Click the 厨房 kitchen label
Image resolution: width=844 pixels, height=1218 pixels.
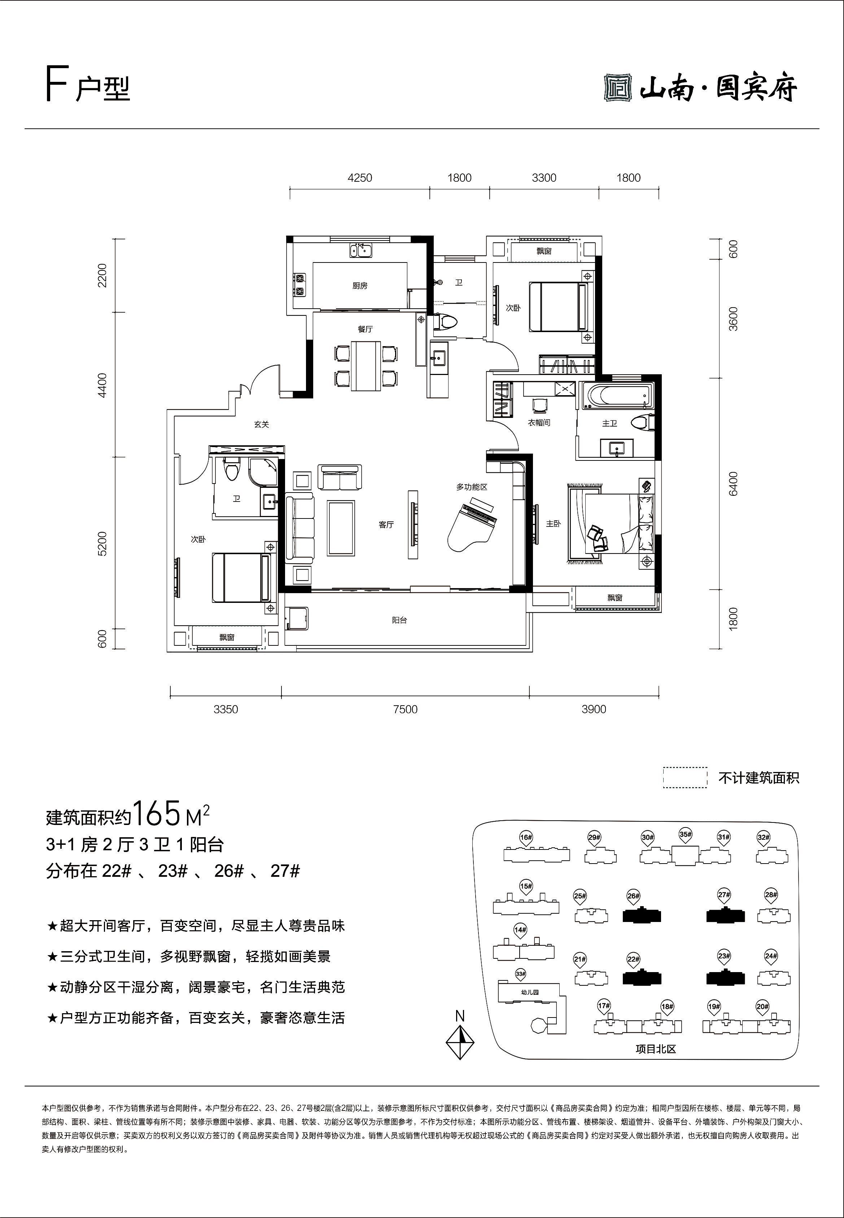[x=360, y=286]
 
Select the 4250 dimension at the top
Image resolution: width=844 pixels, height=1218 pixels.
[x=360, y=178]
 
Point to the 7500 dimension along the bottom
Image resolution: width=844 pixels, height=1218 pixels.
[x=405, y=709]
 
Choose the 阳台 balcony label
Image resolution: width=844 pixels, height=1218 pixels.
[x=400, y=621]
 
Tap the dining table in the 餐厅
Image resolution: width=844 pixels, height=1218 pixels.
[x=366, y=366]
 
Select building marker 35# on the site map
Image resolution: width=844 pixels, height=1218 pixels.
[x=685, y=836]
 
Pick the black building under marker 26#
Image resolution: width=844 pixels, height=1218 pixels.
[x=642, y=916]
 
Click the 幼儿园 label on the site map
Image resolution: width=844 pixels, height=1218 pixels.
[x=529, y=992]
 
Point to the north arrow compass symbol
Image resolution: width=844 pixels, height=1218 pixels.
[x=460, y=1042]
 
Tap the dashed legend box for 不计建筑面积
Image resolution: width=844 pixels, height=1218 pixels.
[x=685, y=777]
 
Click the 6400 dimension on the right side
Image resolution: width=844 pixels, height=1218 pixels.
[x=733, y=484]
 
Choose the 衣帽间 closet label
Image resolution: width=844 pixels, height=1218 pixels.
[x=539, y=423]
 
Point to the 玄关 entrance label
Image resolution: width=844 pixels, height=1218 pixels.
[x=261, y=424]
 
